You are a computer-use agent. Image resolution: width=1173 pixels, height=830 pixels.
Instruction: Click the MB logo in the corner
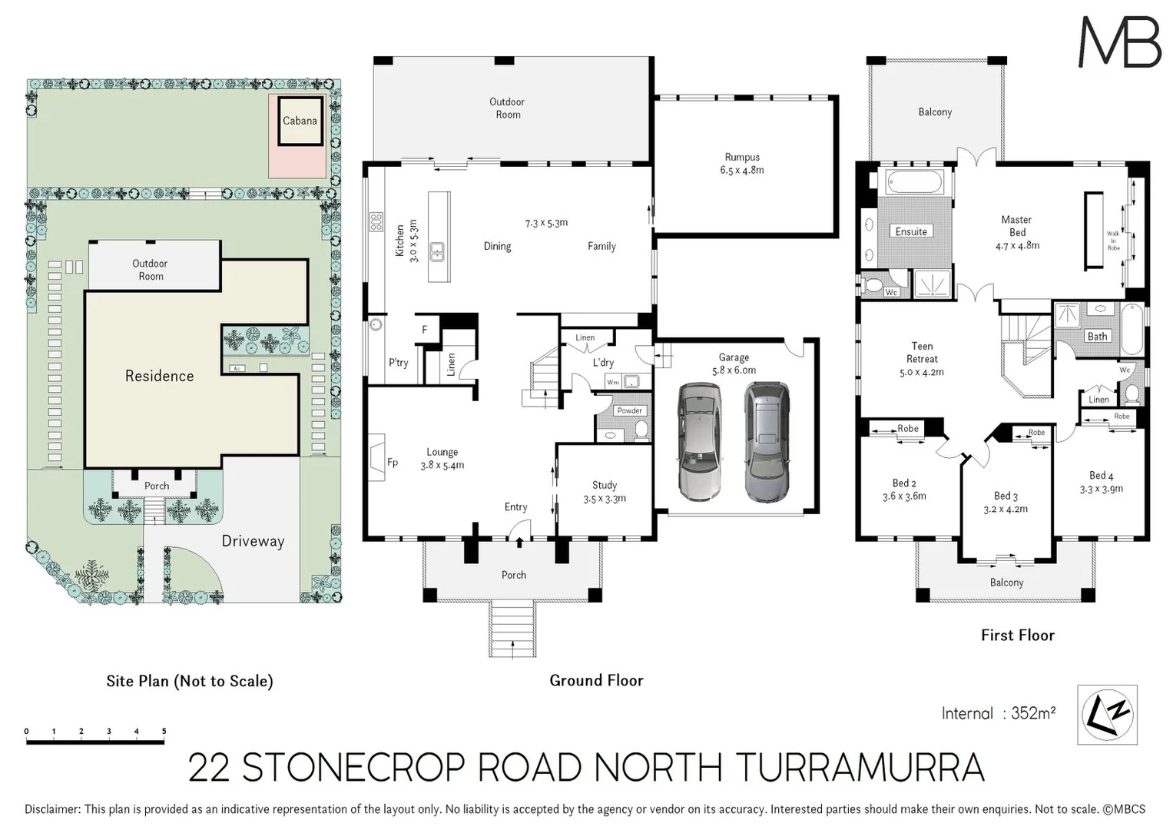click(x=1119, y=42)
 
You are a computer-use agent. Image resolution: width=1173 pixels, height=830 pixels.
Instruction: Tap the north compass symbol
click(x=1107, y=714)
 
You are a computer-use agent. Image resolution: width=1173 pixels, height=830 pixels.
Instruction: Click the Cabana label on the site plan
click(x=300, y=121)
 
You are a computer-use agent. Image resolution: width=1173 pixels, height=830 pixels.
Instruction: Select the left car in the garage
click(x=700, y=442)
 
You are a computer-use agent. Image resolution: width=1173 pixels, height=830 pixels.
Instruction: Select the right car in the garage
click(x=766, y=442)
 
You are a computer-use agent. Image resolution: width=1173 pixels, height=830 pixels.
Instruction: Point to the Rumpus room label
click(x=742, y=164)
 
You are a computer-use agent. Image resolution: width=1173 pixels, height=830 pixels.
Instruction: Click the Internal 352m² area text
click(x=998, y=713)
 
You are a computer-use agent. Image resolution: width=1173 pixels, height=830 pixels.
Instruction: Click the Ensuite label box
click(x=911, y=231)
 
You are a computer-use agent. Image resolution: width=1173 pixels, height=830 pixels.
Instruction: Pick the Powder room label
click(x=629, y=410)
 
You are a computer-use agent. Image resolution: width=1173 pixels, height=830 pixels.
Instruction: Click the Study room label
click(x=605, y=492)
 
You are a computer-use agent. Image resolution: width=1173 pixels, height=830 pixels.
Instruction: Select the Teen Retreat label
click(x=922, y=359)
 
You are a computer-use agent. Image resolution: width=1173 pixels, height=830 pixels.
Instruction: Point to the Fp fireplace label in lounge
click(x=393, y=463)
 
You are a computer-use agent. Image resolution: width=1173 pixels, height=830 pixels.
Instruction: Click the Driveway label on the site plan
click(x=253, y=541)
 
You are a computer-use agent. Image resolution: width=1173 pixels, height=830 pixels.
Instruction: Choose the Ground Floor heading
click(x=596, y=680)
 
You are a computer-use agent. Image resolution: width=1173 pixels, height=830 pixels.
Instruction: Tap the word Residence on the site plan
click(x=159, y=376)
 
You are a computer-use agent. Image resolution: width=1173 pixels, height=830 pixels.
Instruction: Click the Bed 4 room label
click(x=1101, y=482)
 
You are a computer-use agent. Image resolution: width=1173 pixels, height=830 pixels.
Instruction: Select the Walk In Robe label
click(x=1113, y=241)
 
